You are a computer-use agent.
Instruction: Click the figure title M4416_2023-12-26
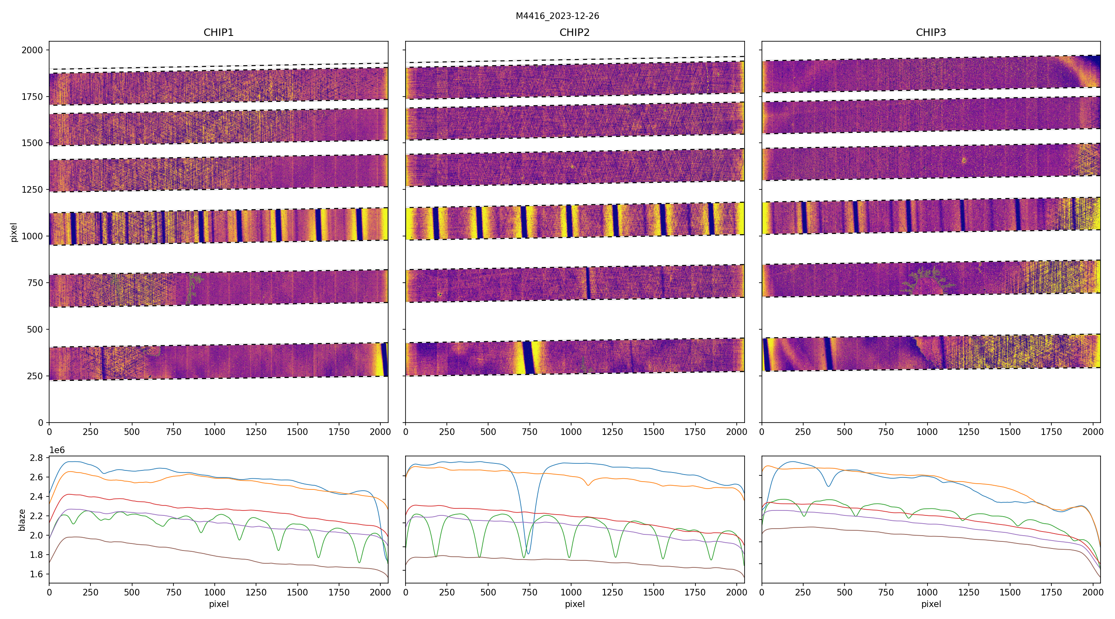pyautogui.click(x=557, y=16)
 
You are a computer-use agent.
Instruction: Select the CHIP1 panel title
pyautogui.click(x=218, y=33)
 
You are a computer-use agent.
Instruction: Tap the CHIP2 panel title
pyautogui.click(x=574, y=33)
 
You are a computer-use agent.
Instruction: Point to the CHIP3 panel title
pyautogui.click(x=930, y=33)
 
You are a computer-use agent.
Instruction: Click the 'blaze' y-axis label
pyautogui.click(x=21, y=520)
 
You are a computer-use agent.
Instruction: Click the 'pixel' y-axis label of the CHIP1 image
pyautogui.click(x=14, y=232)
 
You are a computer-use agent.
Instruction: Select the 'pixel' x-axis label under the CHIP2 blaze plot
pyautogui.click(x=574, y=604)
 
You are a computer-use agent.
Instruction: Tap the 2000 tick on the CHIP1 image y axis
pyautogui.click(x=33, y=50)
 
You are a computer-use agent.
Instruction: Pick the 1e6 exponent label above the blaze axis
pyautogui.click(x=57, y=450)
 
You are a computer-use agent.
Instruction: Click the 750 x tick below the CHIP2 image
pyautogui.click(x=529, y=432)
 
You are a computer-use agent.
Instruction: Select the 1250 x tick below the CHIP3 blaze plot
pyautogui.click(x=968, y=592)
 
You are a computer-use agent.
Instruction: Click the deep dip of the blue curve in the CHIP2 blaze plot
pyautogui.click(x=528, y=553)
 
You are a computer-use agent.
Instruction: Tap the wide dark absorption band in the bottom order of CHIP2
pyautogui.click(x=529, y=358)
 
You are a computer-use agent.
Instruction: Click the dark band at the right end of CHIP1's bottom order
pyautogui.click(x=384, y=360)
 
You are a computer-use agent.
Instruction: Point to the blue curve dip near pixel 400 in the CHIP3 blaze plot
pyautogui.click(x=828, y=486)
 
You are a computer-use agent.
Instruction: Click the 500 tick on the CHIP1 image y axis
pyautogui.click(x=35, y=330)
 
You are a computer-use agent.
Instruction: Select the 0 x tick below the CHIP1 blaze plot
pyautogui.click(x=49, y=592)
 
